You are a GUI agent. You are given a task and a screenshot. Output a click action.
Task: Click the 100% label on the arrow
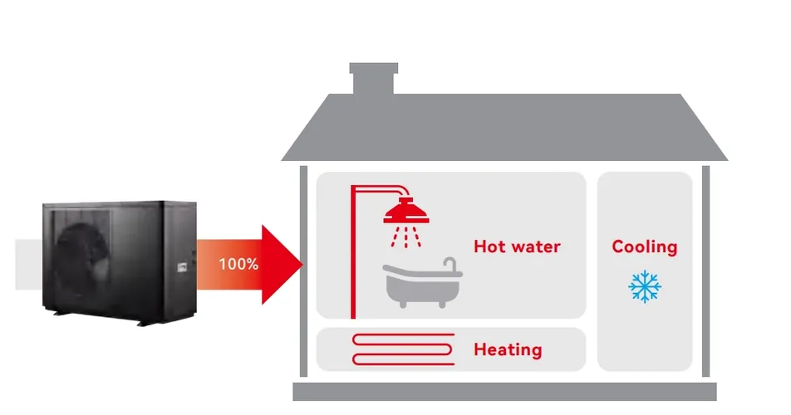point(238,265)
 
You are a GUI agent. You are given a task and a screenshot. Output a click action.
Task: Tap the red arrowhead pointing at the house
point(282,265)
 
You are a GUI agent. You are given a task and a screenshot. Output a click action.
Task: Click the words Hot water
point(517,247)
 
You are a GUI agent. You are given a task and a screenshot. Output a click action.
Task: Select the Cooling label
point(644,247)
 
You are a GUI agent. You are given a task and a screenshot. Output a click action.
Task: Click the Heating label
point(508,349)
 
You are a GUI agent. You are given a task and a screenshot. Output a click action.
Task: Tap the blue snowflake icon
point(644,286)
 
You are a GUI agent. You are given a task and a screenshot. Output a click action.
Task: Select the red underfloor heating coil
point(404,349)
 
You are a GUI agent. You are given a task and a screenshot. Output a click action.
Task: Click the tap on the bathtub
point(451,265)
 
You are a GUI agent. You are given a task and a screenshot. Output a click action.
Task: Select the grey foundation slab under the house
point(504,392)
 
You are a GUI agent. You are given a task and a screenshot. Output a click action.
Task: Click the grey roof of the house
point(504,129)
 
